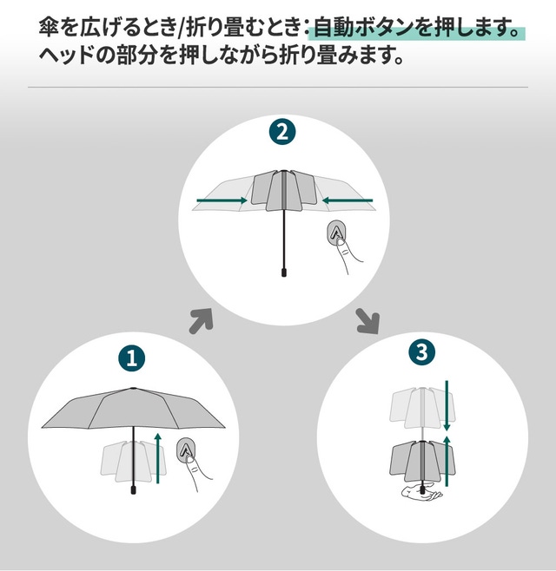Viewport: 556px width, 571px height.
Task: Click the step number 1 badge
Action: [x=132, y=358]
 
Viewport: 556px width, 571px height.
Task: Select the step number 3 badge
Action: [x=421, y=351]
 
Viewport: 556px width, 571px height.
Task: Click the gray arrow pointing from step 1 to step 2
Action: [x=201, y=320]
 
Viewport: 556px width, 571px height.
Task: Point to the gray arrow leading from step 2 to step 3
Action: [x=368, y=321]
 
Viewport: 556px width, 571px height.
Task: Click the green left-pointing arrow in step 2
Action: [x=347, y=200]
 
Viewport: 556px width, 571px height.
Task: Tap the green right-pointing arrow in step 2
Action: [x=222, y=200]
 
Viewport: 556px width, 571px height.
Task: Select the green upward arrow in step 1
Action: [x=158, y=458]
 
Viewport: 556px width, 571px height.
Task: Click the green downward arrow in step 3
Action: [x=447, y=405]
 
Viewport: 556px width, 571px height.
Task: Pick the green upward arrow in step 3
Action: [x=447, y=461]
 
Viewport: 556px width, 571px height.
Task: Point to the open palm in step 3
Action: [x=422, y=492]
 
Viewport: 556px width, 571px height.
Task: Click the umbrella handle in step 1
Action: [x=134, y=489]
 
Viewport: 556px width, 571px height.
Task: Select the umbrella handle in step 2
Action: [x=284, y=272]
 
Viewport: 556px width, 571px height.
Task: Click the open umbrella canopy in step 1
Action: [x=134, y=408]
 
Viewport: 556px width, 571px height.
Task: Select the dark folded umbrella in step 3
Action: [x=423, y=462]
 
